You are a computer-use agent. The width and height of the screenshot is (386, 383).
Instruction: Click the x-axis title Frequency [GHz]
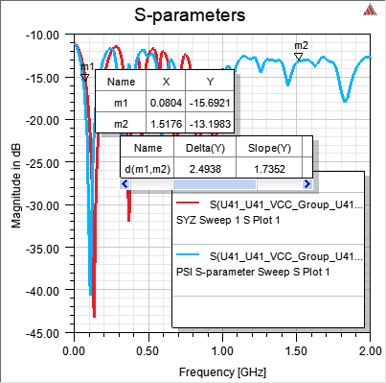pos(222,369)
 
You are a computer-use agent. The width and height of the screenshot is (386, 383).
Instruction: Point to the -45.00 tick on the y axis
pos(44,333)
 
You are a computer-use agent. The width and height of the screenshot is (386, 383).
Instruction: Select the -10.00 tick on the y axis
pos(44,36)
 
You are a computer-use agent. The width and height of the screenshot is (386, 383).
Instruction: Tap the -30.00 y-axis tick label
pos(44,205)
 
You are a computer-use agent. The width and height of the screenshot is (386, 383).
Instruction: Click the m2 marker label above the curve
pos(301,45)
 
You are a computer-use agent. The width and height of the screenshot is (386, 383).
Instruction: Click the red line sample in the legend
pos(189,204)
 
